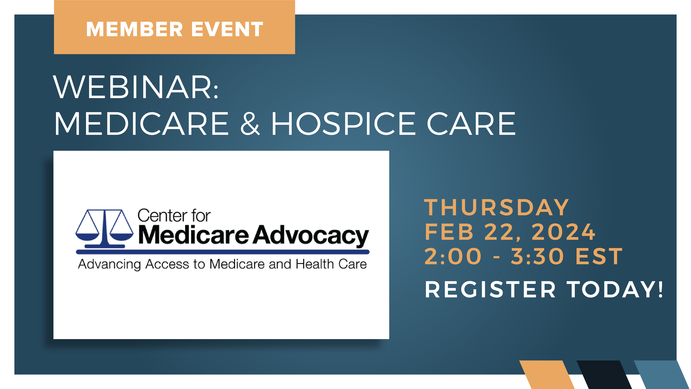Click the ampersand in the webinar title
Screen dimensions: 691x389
250,124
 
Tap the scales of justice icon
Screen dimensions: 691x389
104,229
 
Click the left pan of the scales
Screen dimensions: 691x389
87,237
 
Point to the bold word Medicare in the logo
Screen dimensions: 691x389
194,235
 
